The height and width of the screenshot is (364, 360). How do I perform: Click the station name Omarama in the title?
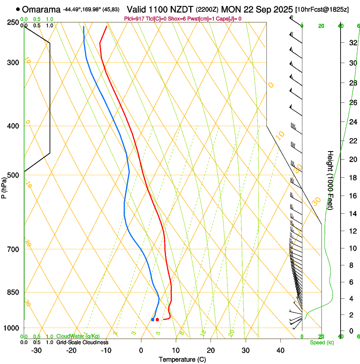(x=41, y=9)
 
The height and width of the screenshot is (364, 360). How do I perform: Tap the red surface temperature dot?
(x=157, y=320)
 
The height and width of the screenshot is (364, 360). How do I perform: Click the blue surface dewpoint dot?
(x=152, y=320)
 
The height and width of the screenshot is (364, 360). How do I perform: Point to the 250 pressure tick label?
(x=13, y=22)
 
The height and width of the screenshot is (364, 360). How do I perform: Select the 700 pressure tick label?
(x=13, y=249)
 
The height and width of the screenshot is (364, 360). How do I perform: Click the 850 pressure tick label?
(x=13, y=292)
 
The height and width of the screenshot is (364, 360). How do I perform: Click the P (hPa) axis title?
(x=4, y=186)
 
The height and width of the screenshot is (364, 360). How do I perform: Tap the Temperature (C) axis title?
(x=182, y=360)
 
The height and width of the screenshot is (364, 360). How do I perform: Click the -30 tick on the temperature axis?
(x=36, y=350)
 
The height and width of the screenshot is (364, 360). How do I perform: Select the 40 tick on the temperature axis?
(x=280, y=350)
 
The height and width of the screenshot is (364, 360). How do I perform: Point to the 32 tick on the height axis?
(x=352, y=43)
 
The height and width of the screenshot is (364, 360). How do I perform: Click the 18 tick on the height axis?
(x=352, y=177)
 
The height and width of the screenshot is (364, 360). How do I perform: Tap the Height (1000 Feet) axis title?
(x=330, y=180)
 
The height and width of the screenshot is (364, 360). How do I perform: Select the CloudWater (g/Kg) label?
(x=78, y=336)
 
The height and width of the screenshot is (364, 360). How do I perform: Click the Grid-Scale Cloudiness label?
(x=82, y=342)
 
